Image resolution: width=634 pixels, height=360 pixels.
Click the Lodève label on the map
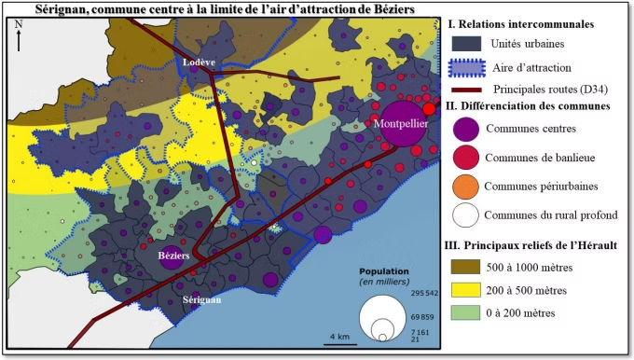coord(199,62)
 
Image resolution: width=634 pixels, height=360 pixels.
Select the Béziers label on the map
coord(173,255)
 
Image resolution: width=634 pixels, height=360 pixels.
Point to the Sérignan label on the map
coord(201,300)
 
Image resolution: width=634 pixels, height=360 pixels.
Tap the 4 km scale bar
coord(338,341)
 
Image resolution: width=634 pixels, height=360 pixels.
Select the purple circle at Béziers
coord(172,258)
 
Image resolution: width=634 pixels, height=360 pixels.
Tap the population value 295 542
coord(423,293)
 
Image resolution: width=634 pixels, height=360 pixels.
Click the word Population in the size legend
coord(382,272)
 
